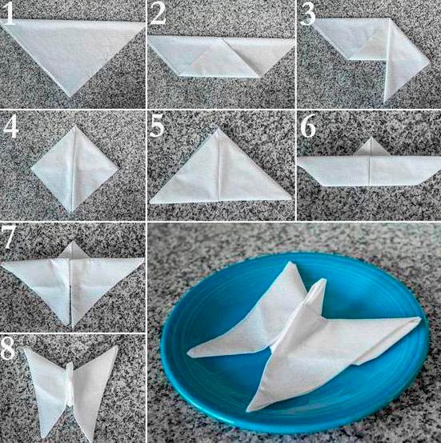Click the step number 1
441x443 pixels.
(9, 14)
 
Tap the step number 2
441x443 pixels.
(158, 14)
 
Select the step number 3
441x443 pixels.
(307, 14)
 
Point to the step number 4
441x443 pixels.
(10, 127)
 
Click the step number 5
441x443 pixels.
(157, 126)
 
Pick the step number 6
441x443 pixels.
(308, 126)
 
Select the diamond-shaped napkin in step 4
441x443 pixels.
(74, 169)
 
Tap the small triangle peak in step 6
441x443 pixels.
(372, 147)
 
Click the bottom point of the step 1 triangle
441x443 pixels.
(70, 97)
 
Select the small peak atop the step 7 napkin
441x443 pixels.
(73, 249)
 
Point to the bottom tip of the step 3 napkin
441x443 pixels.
(385, 102)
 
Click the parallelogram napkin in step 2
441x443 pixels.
(221, 57)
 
